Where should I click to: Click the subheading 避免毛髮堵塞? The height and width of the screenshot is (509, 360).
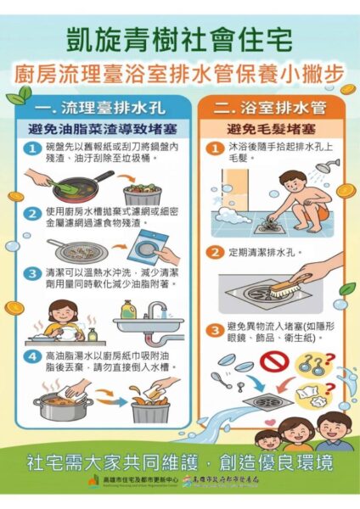(264, 131)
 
